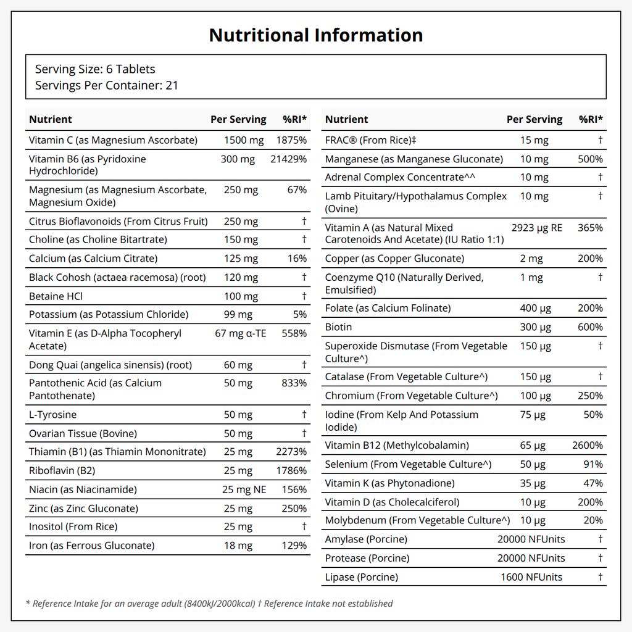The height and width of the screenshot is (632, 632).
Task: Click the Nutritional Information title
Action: pyautogui.click(x=316, y=35)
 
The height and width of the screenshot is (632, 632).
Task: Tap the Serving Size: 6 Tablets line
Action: pyautogui.click(x=95, y=69)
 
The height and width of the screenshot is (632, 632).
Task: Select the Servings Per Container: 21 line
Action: pyautogui.click(x=106, y=85)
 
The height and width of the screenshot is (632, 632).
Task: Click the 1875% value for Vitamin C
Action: pyautogui.click(x=291, y=140)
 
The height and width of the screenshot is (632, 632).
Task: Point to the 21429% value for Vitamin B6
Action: pyautogui.click(x=289, y=159)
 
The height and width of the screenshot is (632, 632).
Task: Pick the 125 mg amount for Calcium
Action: pyautogui.click(x=241, y=259)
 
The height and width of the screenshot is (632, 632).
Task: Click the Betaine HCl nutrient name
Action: pyautogui.click(x=56, y=296)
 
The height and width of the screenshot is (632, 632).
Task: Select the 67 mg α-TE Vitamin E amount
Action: pyautogui.click(x=241, y=333)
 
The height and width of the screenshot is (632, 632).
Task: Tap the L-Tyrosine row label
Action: pyautogui.click(x=53, y=414)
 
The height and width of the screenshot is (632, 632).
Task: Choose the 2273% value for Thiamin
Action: pyautogui.click(x=291, y=451)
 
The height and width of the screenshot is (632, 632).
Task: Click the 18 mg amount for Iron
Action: pyautogui.click(x=238, y=546)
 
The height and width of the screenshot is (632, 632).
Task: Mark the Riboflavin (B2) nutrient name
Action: pyautogui.click(x=62, y=470)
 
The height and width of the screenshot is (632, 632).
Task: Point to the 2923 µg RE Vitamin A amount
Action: pyautogui.click(x=537, y=228)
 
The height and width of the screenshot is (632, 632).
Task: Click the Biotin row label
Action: pyautogui.click(x=338, y=327)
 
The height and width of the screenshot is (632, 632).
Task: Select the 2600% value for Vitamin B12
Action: pyautogui.click(x=588, y=446)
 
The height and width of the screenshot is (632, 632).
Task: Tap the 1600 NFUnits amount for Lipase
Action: pyautogui.click(x=531, y=577)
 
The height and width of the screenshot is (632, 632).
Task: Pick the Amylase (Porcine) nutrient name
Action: pyautogui.click(x=366, y=539)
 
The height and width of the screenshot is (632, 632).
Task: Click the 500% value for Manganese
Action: pyautogui.click(x=591, y=159)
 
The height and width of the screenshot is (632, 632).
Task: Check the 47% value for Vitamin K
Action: pyautogui.click(x=593, y=483)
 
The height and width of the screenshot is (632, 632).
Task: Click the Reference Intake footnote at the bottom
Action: pyautogui.click(x=209, y=604)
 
